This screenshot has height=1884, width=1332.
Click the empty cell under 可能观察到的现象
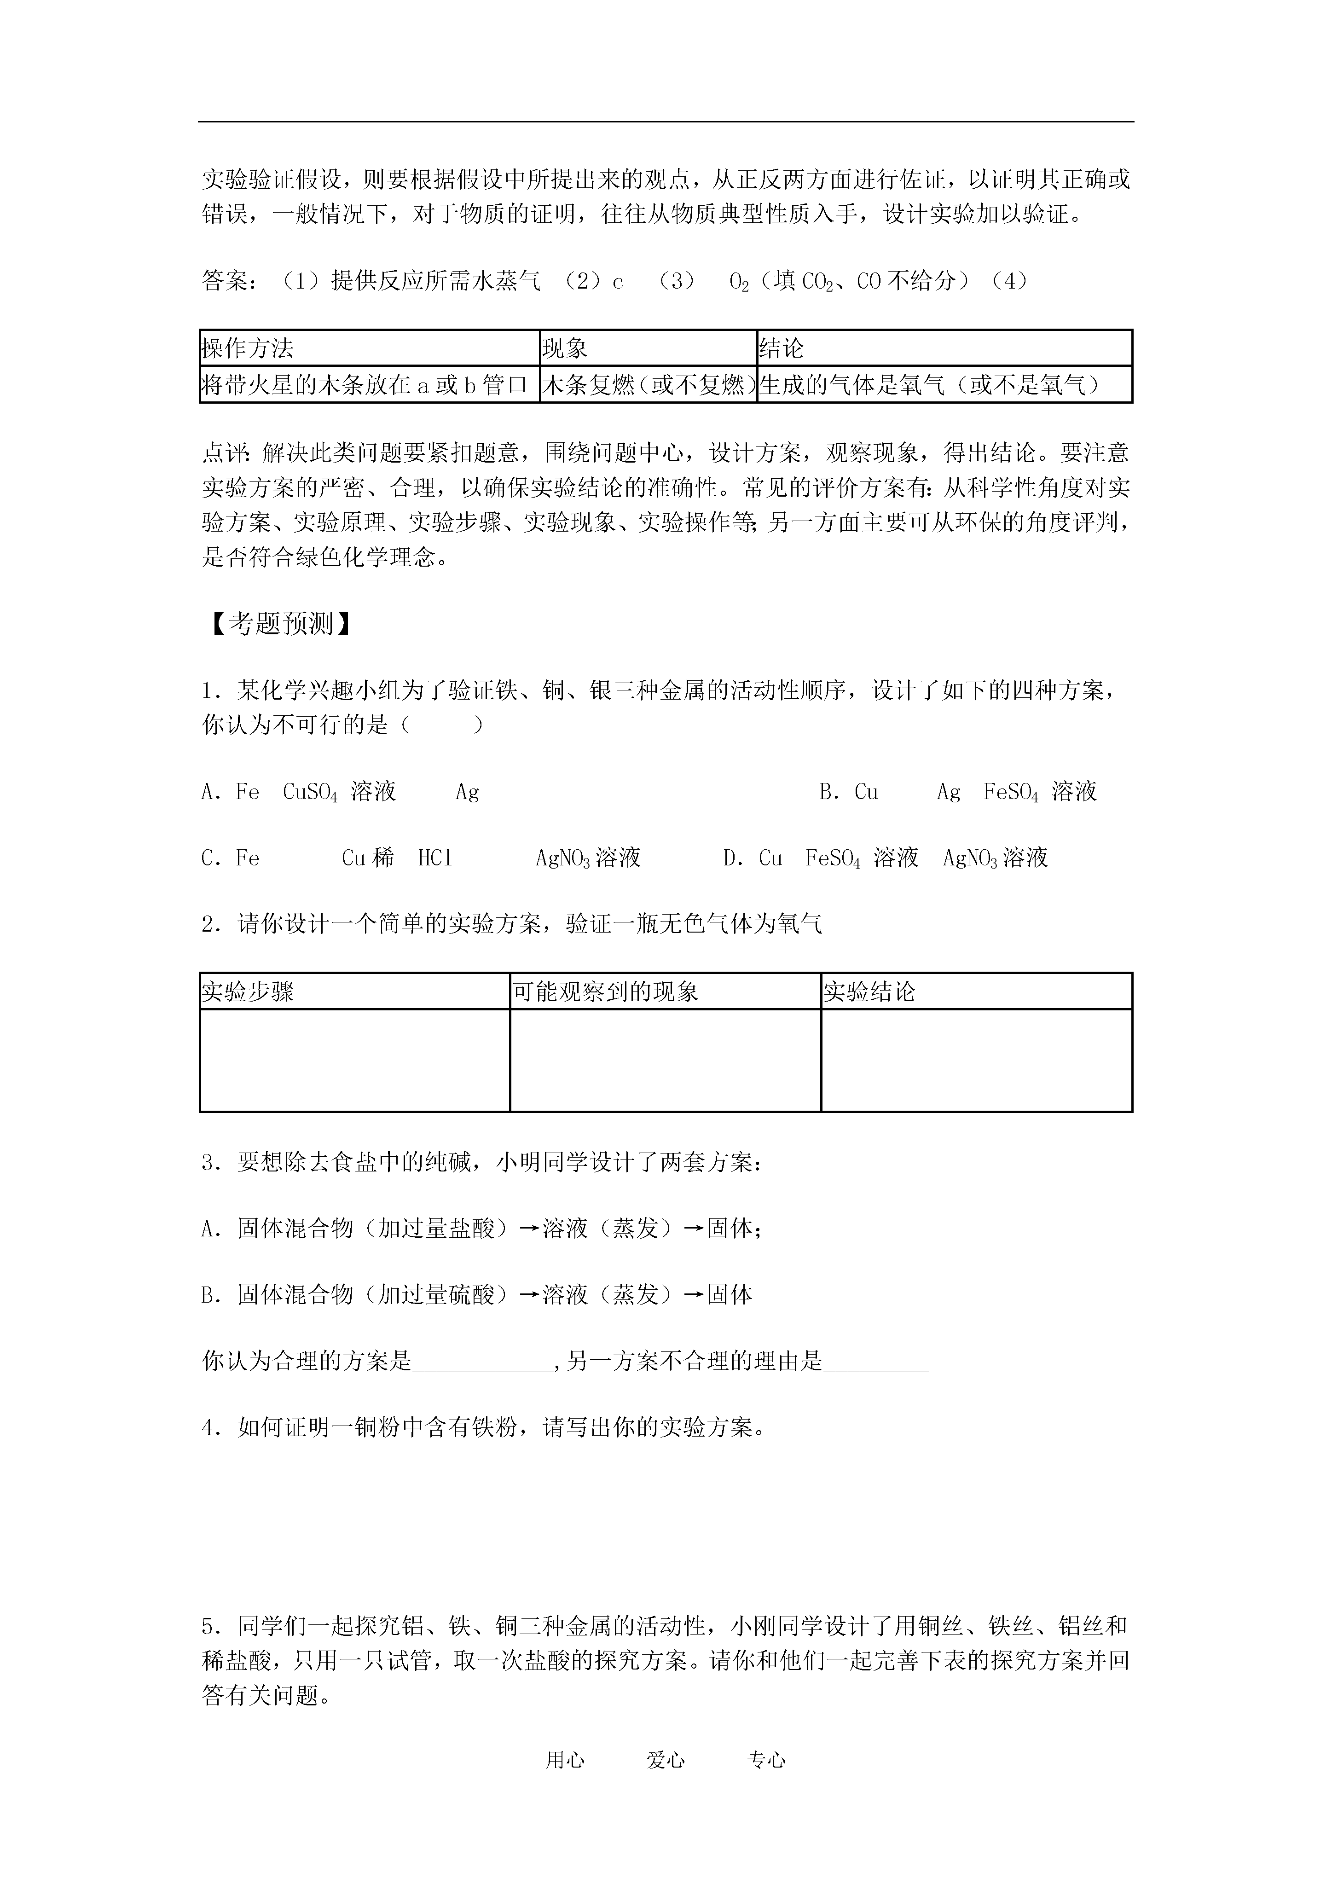point(665,1060)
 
